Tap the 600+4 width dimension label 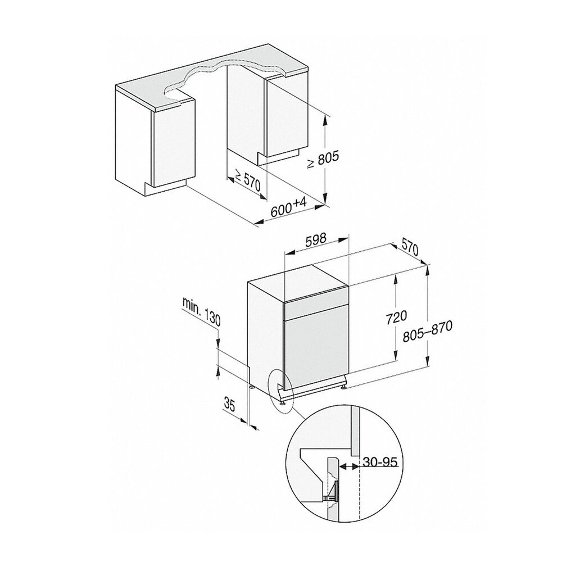288,209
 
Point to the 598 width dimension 316,240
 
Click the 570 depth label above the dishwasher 410,247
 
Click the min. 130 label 201,311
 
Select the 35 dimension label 229,404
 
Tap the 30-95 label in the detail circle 380,461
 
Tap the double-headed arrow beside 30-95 349,466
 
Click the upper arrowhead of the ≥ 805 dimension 325,120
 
